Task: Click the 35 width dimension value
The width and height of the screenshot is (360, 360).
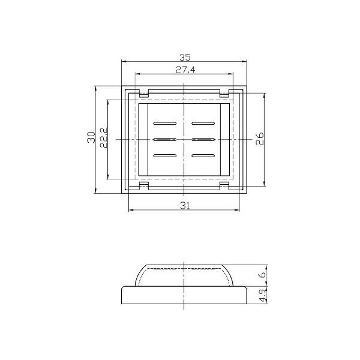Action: click(x=184, y=58)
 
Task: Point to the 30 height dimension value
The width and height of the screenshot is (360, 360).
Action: click(x=90, y=137)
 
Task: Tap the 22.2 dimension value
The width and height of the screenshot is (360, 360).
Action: click(x=103, y=137)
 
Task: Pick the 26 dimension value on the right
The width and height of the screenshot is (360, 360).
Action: click(x=260, y=139)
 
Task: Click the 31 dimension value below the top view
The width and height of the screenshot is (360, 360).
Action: click(x=185, y=206)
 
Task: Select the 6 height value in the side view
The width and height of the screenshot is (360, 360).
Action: click(x=262, y=275)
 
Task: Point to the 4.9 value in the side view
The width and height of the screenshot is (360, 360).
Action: click(x=262, y=295)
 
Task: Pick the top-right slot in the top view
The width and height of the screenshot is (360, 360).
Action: click(x=203, y=123)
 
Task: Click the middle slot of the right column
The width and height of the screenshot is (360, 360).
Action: click(x=203, y=139)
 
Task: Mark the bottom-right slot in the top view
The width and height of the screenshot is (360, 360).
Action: click(x=203, y=156)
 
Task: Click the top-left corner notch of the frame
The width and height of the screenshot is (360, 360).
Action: click(x=144, y=94)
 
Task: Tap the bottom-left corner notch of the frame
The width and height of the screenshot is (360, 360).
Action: click(x=144, y=186)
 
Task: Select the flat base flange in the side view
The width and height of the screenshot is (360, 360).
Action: click(x=185, y=296)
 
